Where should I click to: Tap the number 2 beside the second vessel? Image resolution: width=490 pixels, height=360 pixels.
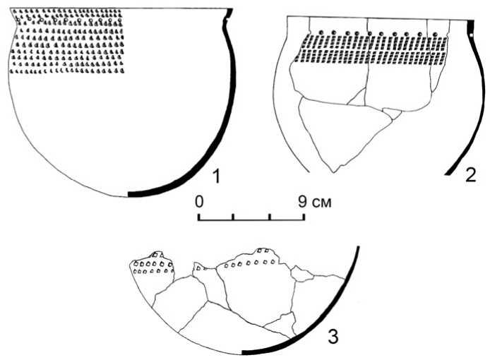pos(471,175)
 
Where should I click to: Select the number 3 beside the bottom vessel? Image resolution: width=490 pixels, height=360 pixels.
pos(333,337)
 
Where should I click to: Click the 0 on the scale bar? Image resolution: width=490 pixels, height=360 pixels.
pos(199,202)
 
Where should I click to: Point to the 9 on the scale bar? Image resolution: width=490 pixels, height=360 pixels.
pos(302,202)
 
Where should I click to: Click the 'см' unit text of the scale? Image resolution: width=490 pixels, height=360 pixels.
pos(322,203)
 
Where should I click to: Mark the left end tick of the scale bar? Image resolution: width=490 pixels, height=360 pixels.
pos(198,217)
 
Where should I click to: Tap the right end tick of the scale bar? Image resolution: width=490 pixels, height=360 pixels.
pos(304,217)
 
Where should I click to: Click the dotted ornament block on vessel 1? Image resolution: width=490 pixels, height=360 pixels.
pos(67,41)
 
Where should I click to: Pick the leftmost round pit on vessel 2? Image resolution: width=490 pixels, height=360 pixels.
pos(321,32)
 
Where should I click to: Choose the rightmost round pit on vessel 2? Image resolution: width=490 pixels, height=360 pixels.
pos(435,34)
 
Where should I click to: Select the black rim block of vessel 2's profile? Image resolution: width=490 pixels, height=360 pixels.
pos(471,29)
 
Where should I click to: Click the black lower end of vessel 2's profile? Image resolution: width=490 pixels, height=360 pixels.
pos(450,172)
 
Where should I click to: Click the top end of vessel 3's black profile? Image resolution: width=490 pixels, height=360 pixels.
pos(359,247)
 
